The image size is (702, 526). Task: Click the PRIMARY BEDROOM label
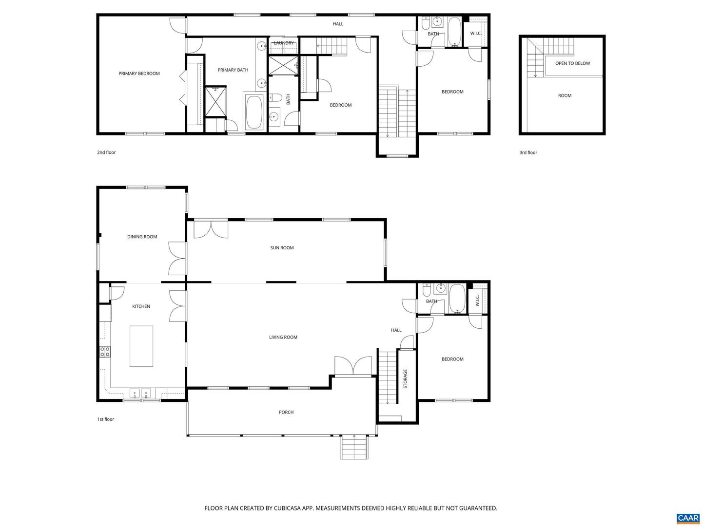pyautogui.click(x=139, y=74)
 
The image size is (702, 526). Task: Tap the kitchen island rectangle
pyautogui.click(x=141, y=346)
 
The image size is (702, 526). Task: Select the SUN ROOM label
pyautogui.click(x=282, y=248)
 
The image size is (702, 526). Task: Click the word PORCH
pyautogui.click(x=286, y=413)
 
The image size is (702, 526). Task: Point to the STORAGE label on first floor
pyautogui.click(x=405, y=378)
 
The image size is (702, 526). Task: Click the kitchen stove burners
pyautogui.click(x=105, y=351)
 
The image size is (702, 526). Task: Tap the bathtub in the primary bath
pyautogui.click(x=253, y=113)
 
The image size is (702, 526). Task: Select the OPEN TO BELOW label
pyautogui.click(x=572, y=63)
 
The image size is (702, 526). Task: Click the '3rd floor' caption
pyautogui.click(x=528, y=152)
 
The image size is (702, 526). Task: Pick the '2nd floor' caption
pyautogui.click(x=106, y=152)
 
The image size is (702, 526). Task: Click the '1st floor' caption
pyautogui.click(x=105, y=419)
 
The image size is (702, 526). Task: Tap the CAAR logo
pyautogui.click(x=688, y=518)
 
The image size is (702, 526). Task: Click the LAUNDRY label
pyautogui.click(x=284, y=43)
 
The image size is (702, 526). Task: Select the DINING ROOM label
pyautogui.click(x=142, y=237)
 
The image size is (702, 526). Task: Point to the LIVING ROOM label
pyautogui.click(x=283, y=337)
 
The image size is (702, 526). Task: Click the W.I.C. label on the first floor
pyautogui.click(x=477, y=301)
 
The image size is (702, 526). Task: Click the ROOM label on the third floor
pyautogui.click(x=565, y=95)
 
